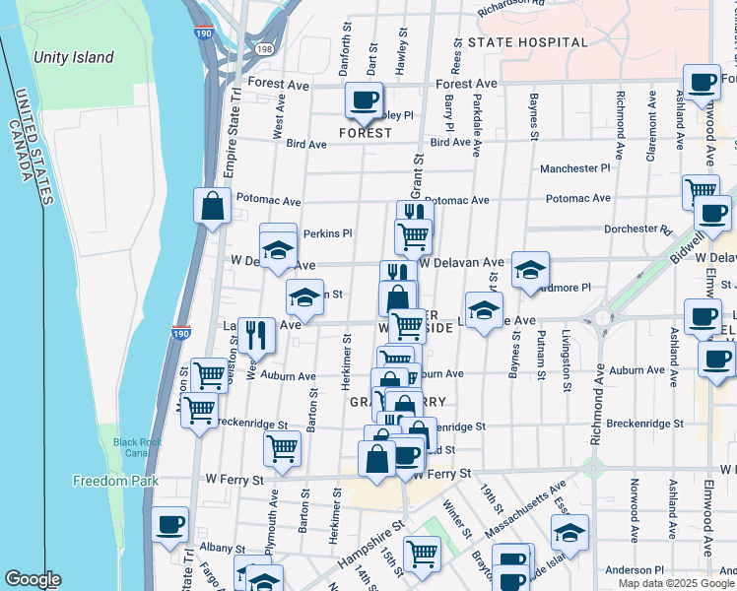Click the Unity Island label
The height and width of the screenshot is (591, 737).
[73, 58]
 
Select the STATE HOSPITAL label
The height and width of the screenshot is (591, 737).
[527, 42]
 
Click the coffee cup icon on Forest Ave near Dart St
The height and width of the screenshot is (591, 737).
[364, 99]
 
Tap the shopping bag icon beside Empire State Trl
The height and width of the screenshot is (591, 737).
[212, 206]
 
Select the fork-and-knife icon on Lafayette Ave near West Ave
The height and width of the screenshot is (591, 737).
[256, 335]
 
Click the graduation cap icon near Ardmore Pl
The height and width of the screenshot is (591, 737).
[530, 270]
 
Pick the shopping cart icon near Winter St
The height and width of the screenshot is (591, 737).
[422, 554]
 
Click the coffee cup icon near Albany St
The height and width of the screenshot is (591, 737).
[170, 526]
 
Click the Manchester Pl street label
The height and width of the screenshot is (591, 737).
[574, 168]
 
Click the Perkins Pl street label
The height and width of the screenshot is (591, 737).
[327, 233]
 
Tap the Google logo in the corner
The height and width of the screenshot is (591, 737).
[33, 579]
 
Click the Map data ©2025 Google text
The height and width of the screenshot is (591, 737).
[675, 583]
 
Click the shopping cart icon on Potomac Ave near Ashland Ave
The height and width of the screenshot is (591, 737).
[701, 190]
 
